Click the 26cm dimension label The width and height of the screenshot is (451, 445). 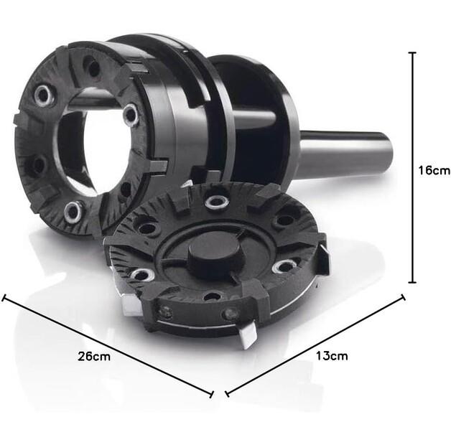94,357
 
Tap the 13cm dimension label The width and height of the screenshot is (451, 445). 332,356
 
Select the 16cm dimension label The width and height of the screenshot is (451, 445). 434,171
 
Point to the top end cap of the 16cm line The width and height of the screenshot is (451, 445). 412,53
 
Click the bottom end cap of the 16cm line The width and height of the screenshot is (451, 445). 412,282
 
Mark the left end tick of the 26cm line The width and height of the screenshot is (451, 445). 4,298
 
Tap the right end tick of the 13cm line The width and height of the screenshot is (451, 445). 404,297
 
